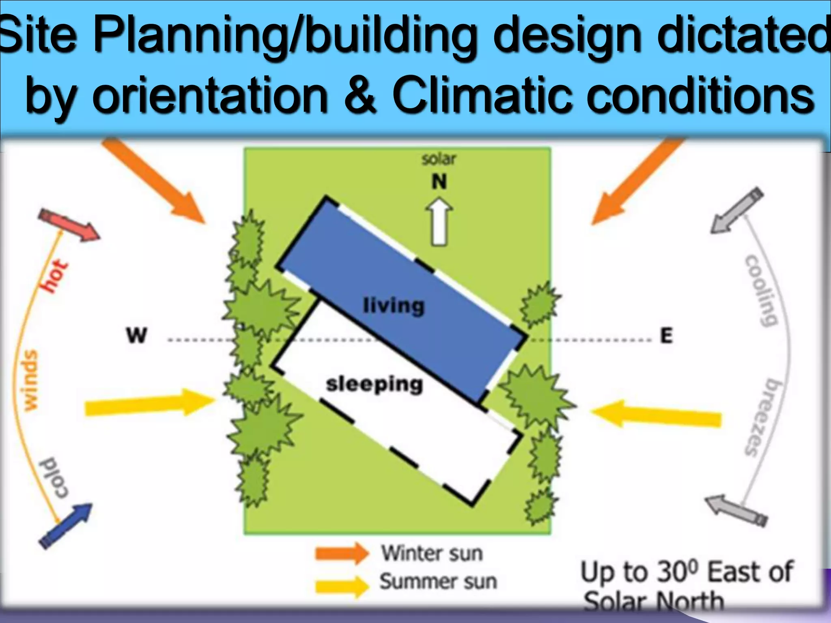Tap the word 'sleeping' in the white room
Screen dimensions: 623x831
(374, 384)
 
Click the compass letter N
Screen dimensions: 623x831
(439, 182)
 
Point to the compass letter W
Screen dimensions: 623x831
(136, 336)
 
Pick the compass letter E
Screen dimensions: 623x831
(666, 336)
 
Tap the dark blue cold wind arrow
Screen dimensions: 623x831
(66, 525)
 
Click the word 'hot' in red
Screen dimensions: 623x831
(55, 276)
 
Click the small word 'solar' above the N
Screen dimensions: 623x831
(439, 159)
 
